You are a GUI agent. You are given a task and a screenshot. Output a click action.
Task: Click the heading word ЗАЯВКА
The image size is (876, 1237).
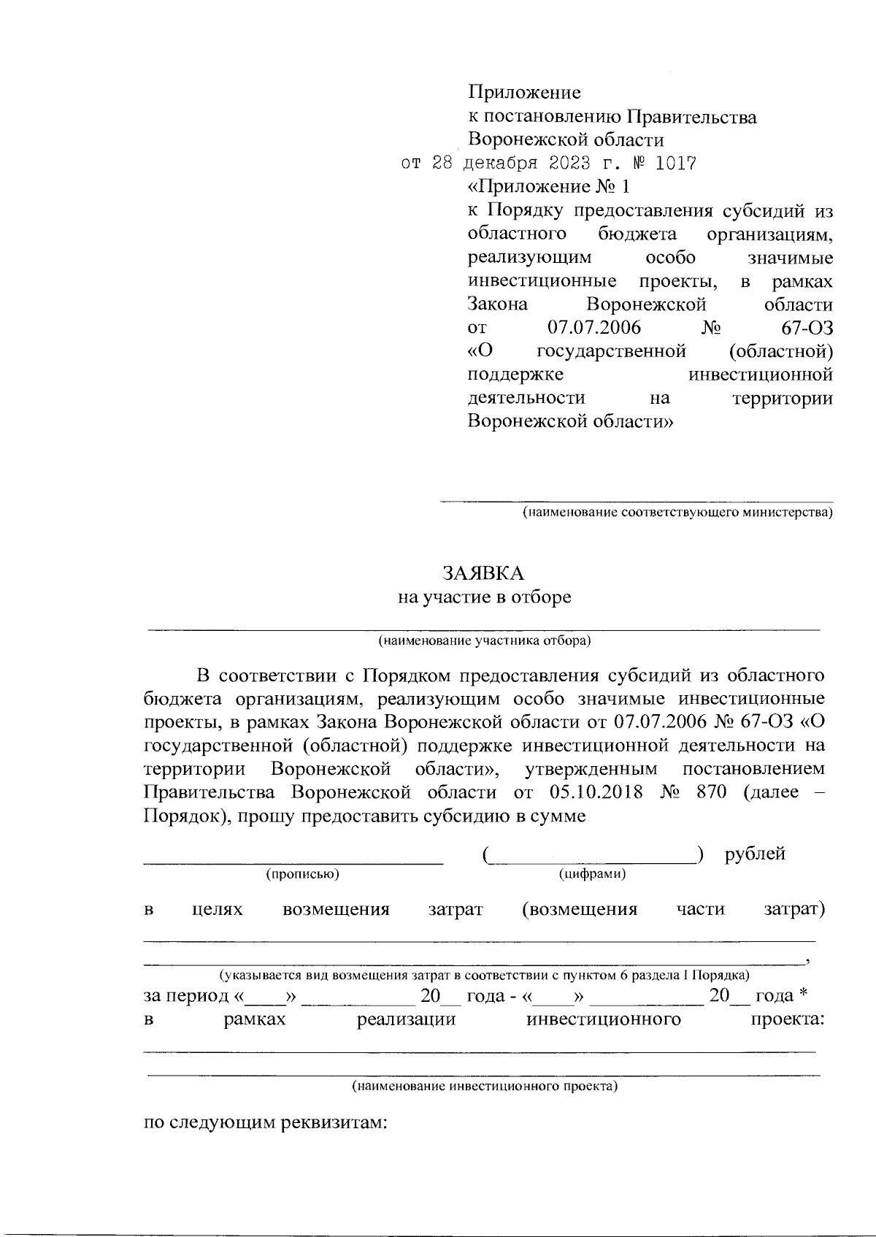483,573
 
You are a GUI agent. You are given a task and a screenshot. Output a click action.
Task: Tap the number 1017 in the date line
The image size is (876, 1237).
676,164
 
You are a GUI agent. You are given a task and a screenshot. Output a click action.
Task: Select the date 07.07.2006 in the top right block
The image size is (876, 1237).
593,327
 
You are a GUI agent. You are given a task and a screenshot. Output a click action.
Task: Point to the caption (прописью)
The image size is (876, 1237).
302,873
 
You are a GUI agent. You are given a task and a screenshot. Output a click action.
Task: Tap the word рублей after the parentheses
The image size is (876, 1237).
755,854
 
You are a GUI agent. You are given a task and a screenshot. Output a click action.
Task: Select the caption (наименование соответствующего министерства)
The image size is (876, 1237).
677,513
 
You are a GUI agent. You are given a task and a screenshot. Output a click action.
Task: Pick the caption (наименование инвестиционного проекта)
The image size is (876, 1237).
485,1086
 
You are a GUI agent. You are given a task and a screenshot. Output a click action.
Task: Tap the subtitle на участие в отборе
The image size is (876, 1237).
484,597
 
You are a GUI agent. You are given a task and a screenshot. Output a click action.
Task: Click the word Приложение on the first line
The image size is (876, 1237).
524,93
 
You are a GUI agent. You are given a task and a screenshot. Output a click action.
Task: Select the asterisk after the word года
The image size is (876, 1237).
803,995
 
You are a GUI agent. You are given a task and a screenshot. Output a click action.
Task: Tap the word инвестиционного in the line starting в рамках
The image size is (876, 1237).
604,1019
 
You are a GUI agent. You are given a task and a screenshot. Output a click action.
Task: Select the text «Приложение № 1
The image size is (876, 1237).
547,187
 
